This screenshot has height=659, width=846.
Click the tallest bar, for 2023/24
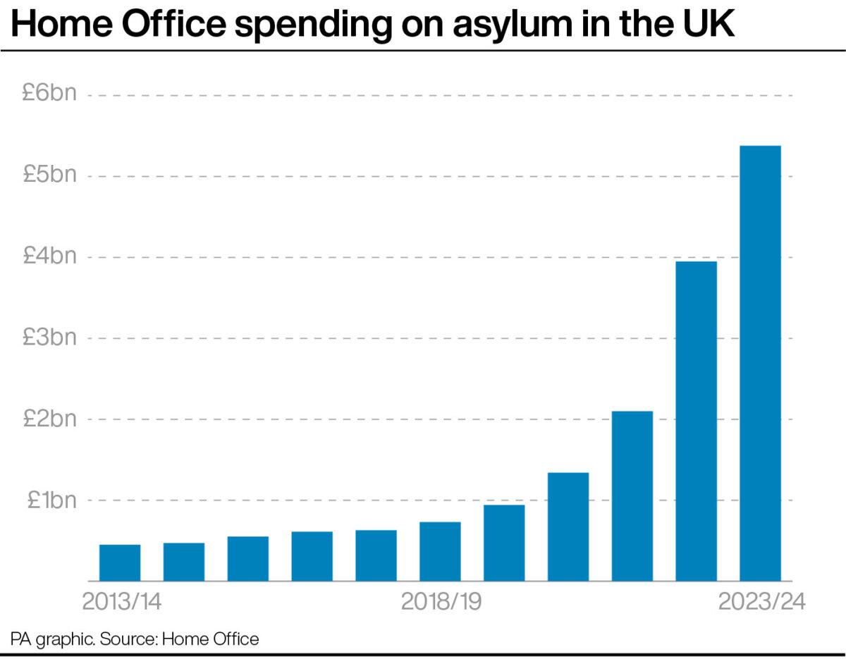coord(760,363)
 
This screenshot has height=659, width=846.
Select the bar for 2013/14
coord(120,562)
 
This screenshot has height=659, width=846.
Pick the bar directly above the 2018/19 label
coord(440,551)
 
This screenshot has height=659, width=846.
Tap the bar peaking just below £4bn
coord(696,421)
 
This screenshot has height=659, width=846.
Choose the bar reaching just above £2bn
coord(632,495)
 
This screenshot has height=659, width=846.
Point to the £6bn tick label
coord(49,94)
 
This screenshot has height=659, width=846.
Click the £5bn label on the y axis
coord(49,175)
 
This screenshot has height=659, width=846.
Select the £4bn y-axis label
coord(49,257)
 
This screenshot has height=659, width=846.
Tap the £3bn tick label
coord(49,338)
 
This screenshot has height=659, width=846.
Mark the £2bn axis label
coord(49,419)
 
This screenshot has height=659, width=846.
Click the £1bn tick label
coord(51,500)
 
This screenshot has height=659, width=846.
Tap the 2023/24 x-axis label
coord(761,603)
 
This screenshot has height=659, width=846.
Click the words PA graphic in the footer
coord(52,640)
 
